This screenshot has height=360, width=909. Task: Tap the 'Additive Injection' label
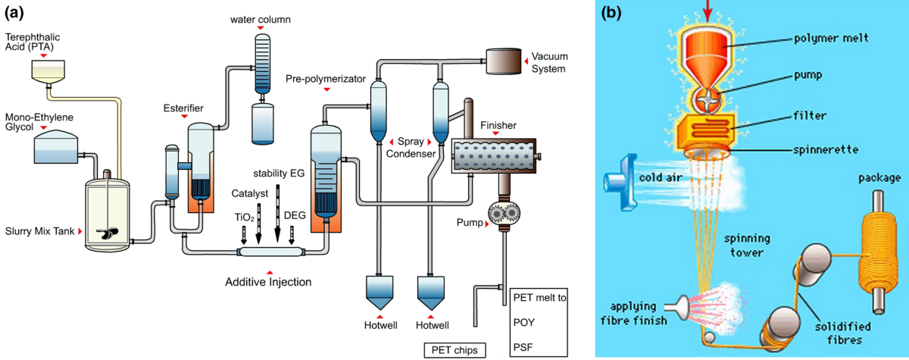(x=268, y=283)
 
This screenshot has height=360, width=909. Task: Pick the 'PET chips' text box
(x=454, y=349)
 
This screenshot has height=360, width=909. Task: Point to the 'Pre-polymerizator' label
(x=326, y=78)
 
